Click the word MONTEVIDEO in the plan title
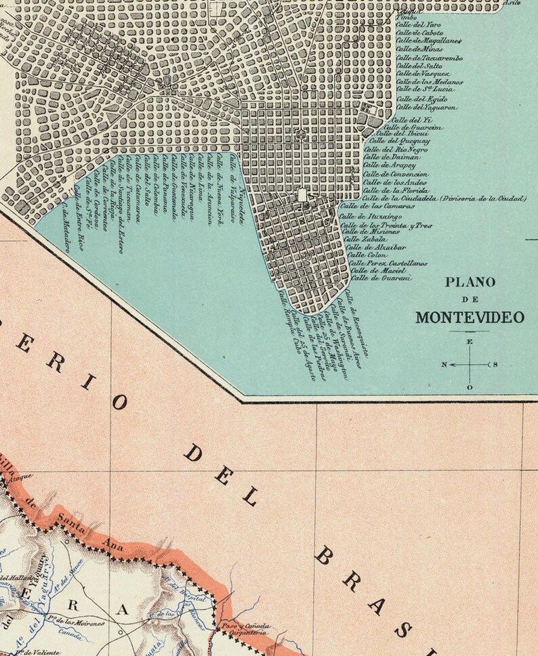470,317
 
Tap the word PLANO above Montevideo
470,282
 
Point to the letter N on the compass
444,365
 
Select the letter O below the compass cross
470,387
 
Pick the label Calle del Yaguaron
426,107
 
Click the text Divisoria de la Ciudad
482,198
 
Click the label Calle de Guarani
381,278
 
